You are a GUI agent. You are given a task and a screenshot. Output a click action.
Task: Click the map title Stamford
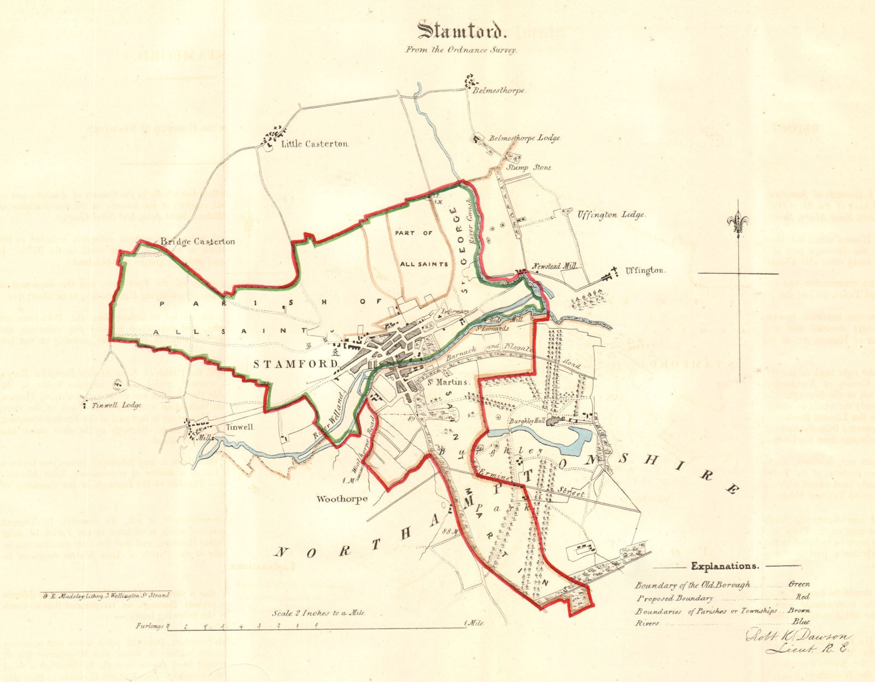pos(459,31)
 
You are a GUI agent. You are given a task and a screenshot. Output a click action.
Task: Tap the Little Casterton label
pos(314,144)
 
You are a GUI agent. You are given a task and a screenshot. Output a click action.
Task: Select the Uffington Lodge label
pos(611,215)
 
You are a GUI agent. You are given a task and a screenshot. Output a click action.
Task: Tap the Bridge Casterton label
pos(198,241)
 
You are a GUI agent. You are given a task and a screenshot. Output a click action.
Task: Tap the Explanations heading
pos(725,566)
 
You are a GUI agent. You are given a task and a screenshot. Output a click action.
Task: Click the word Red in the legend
pos(803,598)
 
